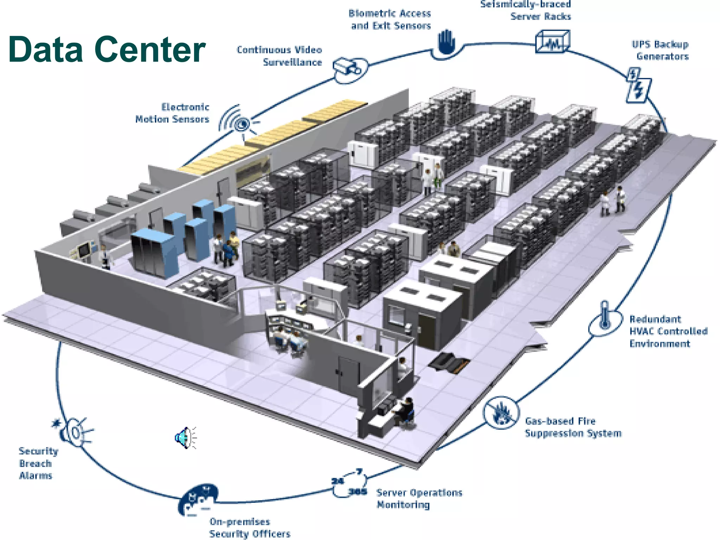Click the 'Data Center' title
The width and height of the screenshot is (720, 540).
107,49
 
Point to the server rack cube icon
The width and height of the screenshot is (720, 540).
552,42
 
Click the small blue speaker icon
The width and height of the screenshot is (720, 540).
185,438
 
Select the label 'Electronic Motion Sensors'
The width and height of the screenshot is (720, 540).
172,113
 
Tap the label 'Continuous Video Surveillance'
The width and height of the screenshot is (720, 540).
279,56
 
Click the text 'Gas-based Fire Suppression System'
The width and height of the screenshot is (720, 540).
573,427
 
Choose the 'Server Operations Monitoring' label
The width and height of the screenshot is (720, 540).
419,499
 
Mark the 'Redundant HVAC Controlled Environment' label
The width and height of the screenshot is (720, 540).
668,331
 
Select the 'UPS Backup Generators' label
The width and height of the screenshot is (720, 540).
660,50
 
